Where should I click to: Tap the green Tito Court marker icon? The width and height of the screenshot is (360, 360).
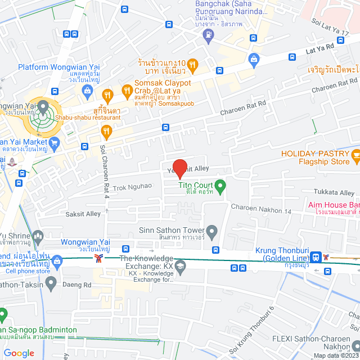pos(221,185)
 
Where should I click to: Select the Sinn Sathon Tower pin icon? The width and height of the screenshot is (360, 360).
pos(212,231)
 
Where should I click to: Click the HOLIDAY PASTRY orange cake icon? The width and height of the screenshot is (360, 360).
pos(355,154)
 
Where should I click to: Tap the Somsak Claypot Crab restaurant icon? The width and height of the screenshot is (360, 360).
pos(128,90)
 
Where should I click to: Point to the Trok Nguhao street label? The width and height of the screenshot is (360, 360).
pos(133,186)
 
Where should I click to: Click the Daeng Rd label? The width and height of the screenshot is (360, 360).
pos(79,285)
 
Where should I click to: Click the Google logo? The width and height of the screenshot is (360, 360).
pos(19,353)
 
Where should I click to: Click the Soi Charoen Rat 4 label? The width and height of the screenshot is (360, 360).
pos(104,172)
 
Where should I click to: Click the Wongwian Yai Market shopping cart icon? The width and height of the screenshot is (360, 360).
pos(54,142)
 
